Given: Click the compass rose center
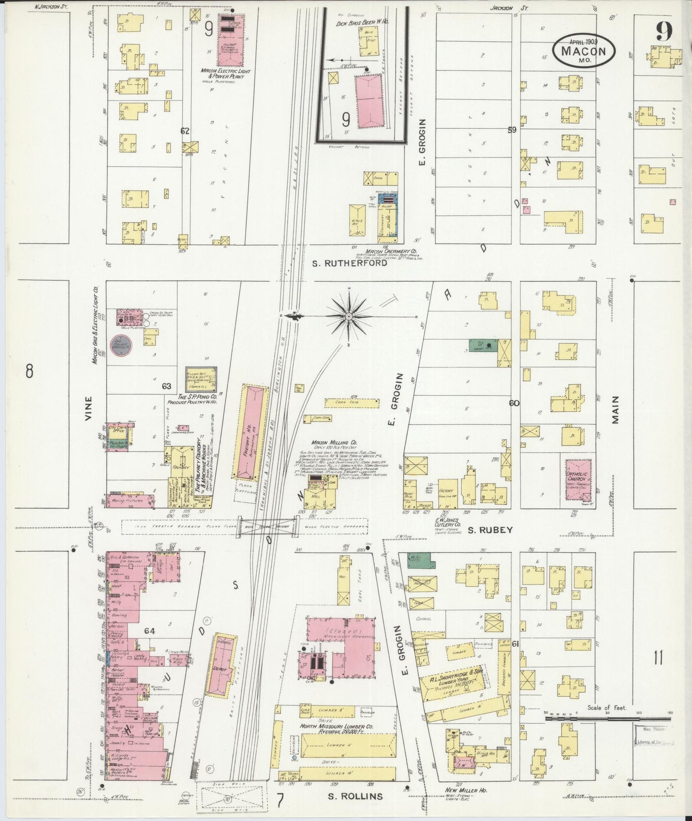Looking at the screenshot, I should coord(349,317).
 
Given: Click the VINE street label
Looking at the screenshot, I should coord(88,408).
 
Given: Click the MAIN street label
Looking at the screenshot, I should coord(615,410).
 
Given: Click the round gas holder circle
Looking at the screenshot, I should coord(122,345).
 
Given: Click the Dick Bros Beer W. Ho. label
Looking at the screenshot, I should coord(362,23).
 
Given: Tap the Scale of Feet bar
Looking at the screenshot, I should coord(608,718).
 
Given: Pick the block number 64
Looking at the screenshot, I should coord(150,631).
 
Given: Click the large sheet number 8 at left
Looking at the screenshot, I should coord(30,370).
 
